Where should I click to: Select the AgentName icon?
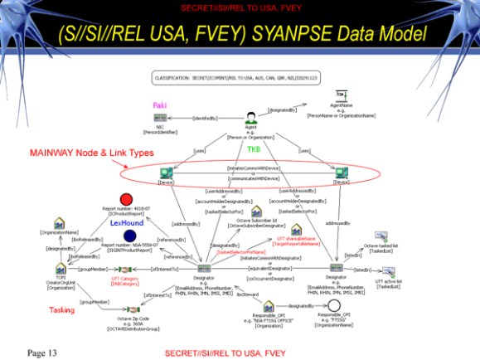333,106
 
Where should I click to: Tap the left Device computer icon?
165,171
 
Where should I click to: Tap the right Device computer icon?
340,171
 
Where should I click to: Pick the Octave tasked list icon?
380,236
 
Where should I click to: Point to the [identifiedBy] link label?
204,119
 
